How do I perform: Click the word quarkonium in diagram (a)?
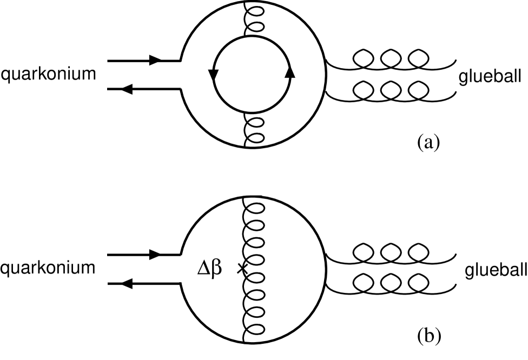coord(48,75)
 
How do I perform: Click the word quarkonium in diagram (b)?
coord(48,268)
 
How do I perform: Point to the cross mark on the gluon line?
coord(242,268)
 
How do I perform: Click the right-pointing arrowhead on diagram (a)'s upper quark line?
coord(155,61)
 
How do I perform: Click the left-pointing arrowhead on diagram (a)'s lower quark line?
coord(128,89)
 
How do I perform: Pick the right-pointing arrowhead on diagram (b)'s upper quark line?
coord(155,254)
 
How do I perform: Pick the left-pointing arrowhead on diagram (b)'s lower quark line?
coord(128,283)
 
